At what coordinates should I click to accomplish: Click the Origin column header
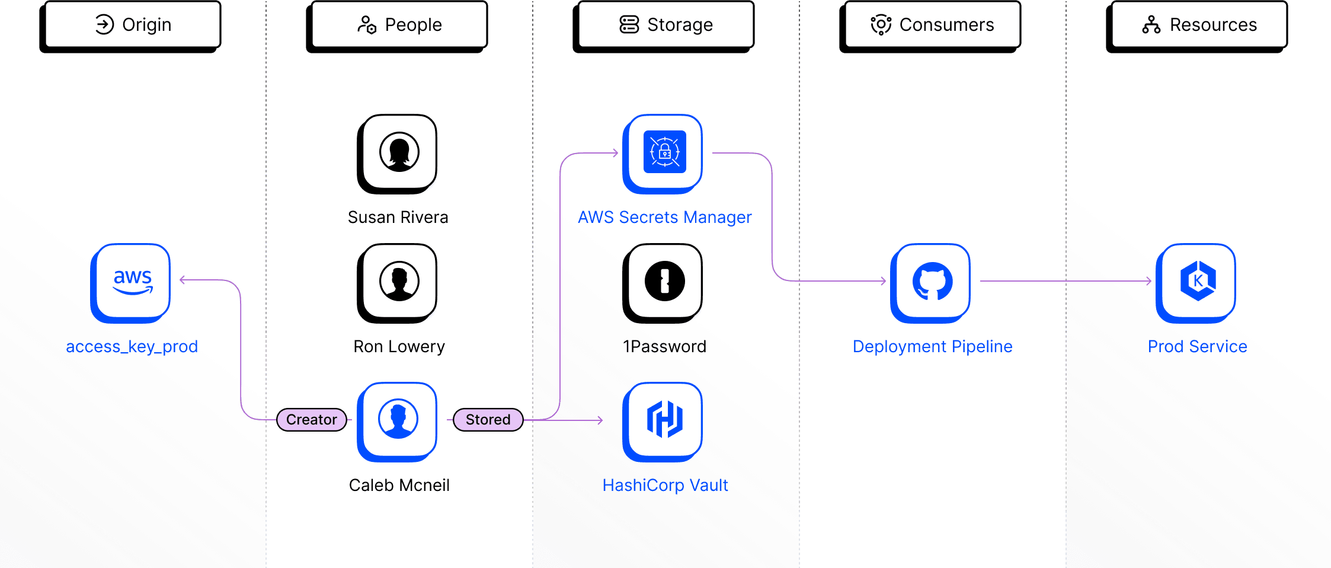[133, 25]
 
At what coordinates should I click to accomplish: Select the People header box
[399, 25]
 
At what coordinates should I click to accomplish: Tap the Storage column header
[666, 25]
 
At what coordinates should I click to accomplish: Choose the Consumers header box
[932, 25]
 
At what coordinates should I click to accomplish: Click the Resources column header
[1199, 25]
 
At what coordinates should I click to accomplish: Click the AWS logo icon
[133, 281]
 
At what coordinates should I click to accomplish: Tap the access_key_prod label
[132, 346]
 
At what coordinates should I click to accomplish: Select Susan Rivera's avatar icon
[399, 152]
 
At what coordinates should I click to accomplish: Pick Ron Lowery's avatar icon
[399, 281]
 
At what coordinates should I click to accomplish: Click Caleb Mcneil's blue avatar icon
[398, 419]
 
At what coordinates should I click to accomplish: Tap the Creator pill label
[312, 420]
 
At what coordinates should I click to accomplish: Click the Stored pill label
[488, 420]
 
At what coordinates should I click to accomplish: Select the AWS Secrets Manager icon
[664, 152]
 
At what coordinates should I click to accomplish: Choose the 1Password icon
[664, 281]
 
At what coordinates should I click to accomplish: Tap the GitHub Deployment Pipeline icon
[932, 281]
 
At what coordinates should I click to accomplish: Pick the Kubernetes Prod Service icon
[1198, 281]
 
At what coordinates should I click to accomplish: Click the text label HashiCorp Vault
[665, 485]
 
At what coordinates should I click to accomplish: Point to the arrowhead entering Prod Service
[1148, 281]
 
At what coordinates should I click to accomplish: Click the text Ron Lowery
[399, 346]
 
